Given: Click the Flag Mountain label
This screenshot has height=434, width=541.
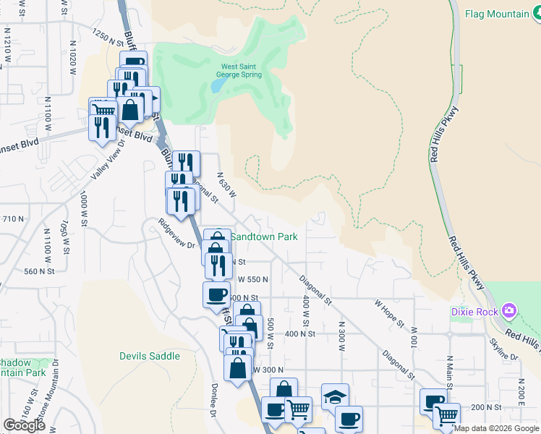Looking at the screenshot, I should pos(497,14).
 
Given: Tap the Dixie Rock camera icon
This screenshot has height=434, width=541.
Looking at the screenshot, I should pos(511,310).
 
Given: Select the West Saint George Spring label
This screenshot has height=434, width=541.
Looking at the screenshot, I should pos(241,70).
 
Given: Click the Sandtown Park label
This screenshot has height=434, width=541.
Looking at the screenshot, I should pos(264,236).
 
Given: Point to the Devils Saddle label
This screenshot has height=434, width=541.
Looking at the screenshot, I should pos(149,356).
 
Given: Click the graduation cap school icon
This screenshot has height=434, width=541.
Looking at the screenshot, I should pos(335,396).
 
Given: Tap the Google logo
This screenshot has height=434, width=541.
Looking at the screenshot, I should pos(24,425).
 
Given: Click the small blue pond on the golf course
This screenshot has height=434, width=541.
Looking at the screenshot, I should pos(218,85).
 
